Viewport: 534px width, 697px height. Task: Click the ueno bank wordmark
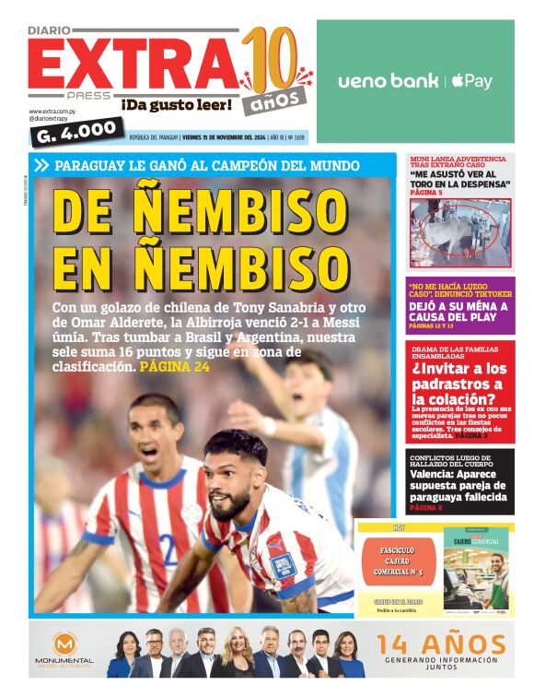pyautogui.click(x=388, y=81)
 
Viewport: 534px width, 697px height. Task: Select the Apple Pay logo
pyautogui.click(x=472, y=81)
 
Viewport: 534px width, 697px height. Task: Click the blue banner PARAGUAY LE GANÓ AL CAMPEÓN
pyautogui.click(x=207, y=166)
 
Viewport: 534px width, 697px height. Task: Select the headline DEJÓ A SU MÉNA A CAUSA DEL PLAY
pyautogui.click(x=459, y=311)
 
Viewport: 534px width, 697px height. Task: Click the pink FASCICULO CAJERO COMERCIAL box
pyautogui.click(x=399, y=556)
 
